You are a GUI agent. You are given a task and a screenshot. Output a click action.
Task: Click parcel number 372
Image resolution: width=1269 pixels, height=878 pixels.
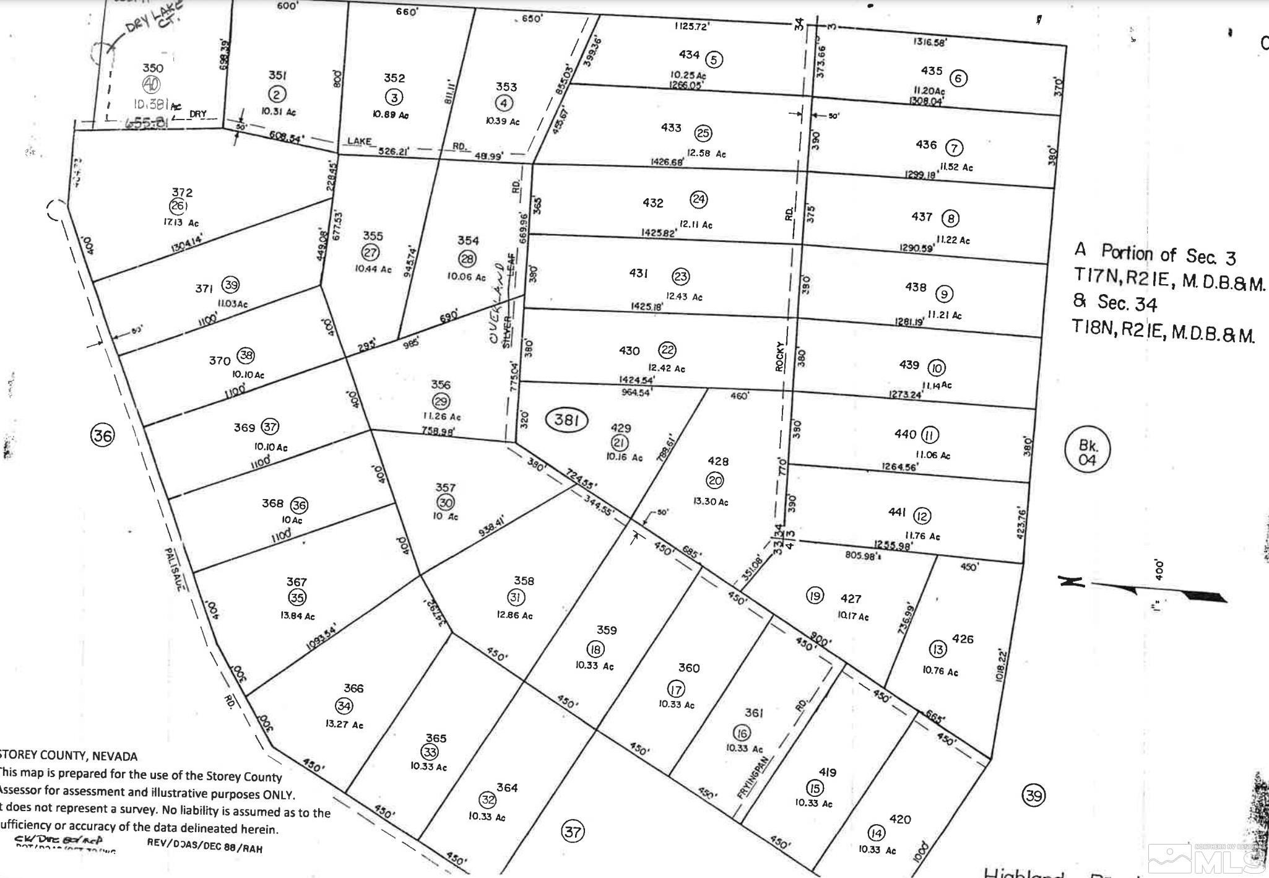[183, 193]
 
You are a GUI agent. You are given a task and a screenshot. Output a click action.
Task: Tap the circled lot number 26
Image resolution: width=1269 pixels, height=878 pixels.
[178, 206]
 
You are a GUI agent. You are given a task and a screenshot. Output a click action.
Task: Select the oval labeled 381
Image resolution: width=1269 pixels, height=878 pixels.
[566, 421]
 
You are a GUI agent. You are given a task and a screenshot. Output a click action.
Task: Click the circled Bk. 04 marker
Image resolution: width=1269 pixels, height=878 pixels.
[1087, 452]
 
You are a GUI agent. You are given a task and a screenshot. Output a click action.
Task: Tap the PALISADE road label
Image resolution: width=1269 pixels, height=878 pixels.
[171, 570]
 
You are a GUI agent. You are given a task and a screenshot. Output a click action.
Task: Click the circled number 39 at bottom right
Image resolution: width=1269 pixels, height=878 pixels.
[1034, 795]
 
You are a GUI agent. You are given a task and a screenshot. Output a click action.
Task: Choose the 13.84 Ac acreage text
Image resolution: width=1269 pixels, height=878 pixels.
[297, 616]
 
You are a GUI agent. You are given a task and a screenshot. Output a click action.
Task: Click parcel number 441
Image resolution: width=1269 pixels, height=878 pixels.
[897, 512]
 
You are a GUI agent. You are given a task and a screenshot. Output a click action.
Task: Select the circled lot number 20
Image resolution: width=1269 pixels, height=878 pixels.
[715, 480]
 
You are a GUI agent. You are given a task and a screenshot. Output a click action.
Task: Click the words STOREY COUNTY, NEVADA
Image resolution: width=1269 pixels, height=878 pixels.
[68, 756]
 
